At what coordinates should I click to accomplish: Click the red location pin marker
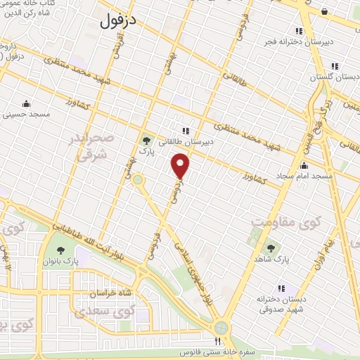click(x=181, y=166)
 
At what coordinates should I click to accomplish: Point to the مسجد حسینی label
click(x=25, y=113)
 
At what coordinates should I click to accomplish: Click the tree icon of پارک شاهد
click(x=271, y=247)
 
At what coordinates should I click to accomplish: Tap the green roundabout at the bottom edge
click(x=222, y=328)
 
